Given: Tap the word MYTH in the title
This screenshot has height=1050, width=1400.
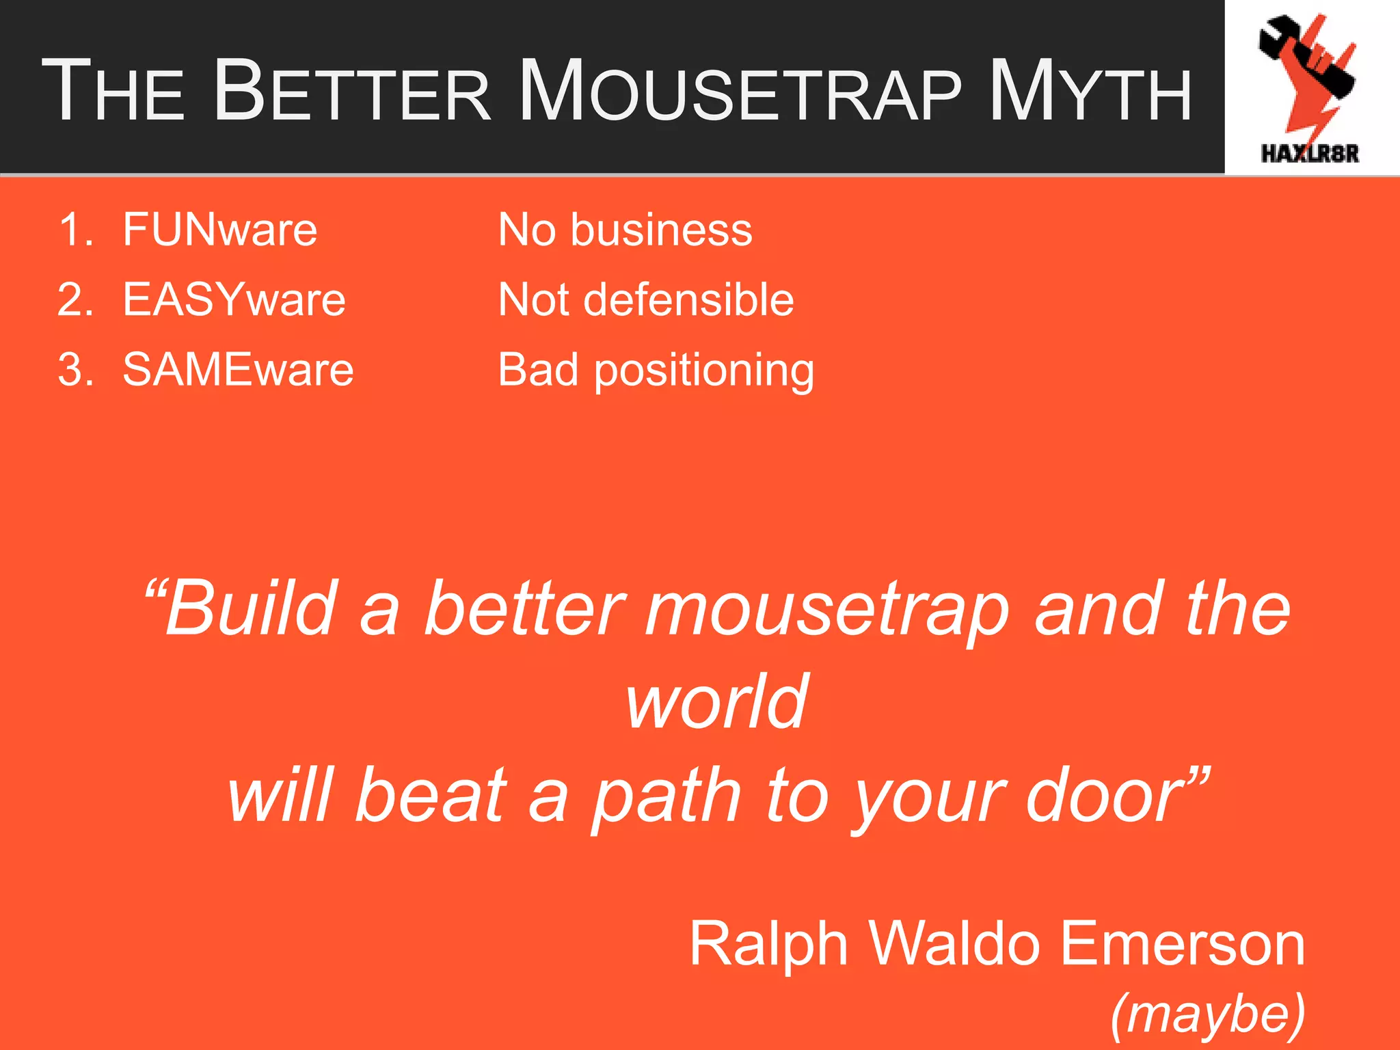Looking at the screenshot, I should [x=1090, y=92].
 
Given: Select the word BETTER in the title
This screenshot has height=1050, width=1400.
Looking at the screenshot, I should [x=353, y=92].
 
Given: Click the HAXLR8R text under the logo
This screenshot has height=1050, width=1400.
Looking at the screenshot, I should [x=1310, y=153].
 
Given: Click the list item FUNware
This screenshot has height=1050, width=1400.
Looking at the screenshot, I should [x=219, y=230].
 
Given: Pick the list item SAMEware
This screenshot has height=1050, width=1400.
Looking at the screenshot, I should [x=238, y=370].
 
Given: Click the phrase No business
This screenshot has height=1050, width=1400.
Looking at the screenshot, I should [x=625, y=230].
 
